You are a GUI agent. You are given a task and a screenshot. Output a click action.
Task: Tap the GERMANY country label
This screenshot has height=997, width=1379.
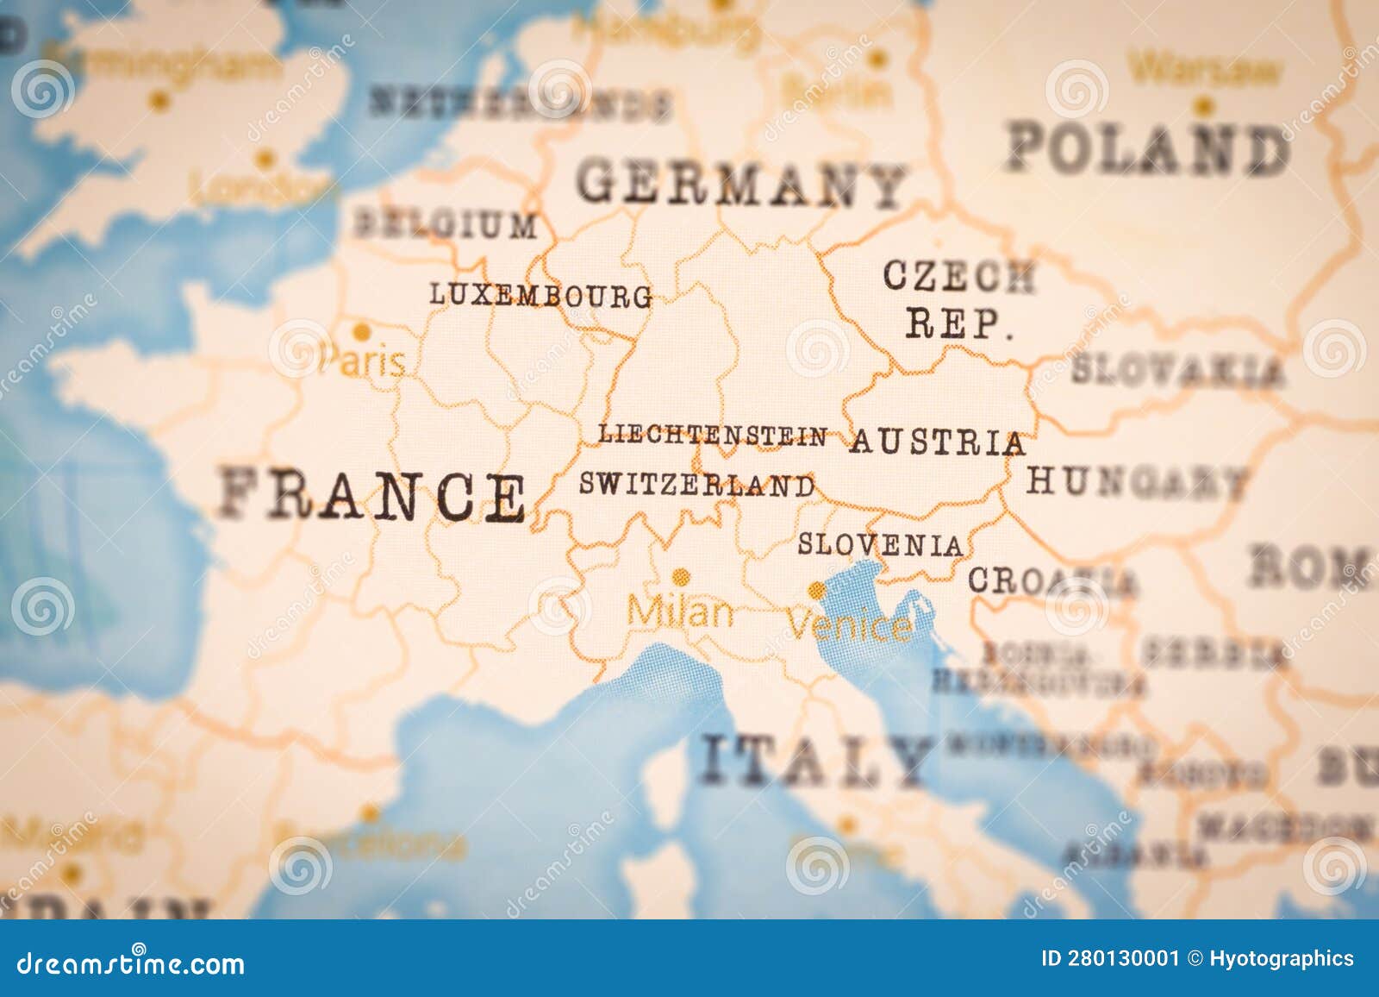(x=741, y=185)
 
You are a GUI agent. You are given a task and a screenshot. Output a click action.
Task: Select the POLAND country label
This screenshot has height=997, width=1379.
(x=1149, y=149)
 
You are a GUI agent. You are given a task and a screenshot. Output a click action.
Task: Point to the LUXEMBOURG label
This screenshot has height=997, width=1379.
(x=541, y=295)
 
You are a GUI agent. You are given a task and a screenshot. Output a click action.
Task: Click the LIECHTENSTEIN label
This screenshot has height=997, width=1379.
(x=713, y=436)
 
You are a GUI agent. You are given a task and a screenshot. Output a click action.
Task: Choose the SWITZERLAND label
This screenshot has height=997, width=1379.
(x=696, y=485)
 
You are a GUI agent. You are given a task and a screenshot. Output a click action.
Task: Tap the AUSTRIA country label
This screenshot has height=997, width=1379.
(x=938, y=442)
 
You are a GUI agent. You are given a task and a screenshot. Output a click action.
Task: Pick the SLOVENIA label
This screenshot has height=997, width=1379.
(x=880, y=545)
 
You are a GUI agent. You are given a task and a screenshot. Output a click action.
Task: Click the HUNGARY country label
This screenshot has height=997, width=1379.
(x=1137, y=481)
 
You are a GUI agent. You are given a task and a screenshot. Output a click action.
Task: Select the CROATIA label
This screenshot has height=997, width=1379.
(x=1052, y=581)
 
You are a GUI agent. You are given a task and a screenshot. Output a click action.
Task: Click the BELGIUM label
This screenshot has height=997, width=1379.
(x=445, y=225)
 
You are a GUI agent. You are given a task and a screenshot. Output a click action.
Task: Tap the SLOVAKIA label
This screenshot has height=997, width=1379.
(x=1177, y=371)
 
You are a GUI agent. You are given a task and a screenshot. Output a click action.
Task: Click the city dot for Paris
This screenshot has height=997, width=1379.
(x=362, y=332)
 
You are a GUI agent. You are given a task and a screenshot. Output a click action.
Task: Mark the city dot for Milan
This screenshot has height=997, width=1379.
(x=681, y=576)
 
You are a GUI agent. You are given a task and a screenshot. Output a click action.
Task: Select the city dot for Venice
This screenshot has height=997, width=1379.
(x=815, y=590)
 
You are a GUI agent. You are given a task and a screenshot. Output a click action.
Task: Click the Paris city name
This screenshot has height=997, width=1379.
(x=362, y=361)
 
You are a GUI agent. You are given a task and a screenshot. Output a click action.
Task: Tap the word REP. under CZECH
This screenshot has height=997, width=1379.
(x=958, y=325)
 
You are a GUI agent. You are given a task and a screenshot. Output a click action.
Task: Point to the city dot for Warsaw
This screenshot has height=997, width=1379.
(x=1203, y=107)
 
